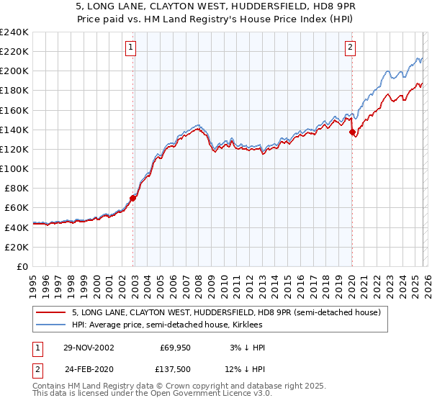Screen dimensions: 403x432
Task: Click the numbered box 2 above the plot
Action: click(351, 48)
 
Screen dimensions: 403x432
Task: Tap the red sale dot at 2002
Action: click(133, 198)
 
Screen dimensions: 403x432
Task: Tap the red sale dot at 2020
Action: click(352, 132)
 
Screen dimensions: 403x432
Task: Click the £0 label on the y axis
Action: click(22, 266)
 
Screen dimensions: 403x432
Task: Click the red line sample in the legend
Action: click(52, 312)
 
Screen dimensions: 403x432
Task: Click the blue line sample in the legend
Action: click(52, 325)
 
